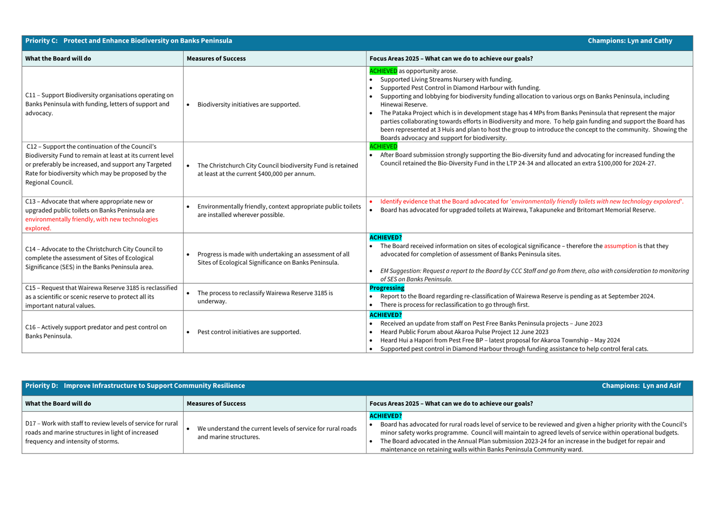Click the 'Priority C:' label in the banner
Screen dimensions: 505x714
tap(41, 41)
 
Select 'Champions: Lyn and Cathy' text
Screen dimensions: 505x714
tap(630, 41)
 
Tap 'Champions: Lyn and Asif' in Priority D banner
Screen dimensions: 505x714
tap(641, 385)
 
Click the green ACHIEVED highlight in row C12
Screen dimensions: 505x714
tap(383, 146)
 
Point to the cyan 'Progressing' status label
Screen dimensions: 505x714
tap(387, 288)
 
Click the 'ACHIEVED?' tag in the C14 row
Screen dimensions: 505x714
tap(385, 237)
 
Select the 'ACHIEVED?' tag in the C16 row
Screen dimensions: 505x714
tap(385, 315)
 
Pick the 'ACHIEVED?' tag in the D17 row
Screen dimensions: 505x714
tap(385, 416)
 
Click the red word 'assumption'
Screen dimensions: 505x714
tap(620, 246)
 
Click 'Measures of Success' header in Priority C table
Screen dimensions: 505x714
tap(216, 59)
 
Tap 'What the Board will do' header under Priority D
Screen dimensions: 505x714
tap(58, 404)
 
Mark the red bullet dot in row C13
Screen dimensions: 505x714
tap(371, 202)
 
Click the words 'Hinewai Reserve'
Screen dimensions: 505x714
tap(403, 105)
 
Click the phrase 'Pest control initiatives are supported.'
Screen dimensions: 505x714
tap(249, 332)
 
